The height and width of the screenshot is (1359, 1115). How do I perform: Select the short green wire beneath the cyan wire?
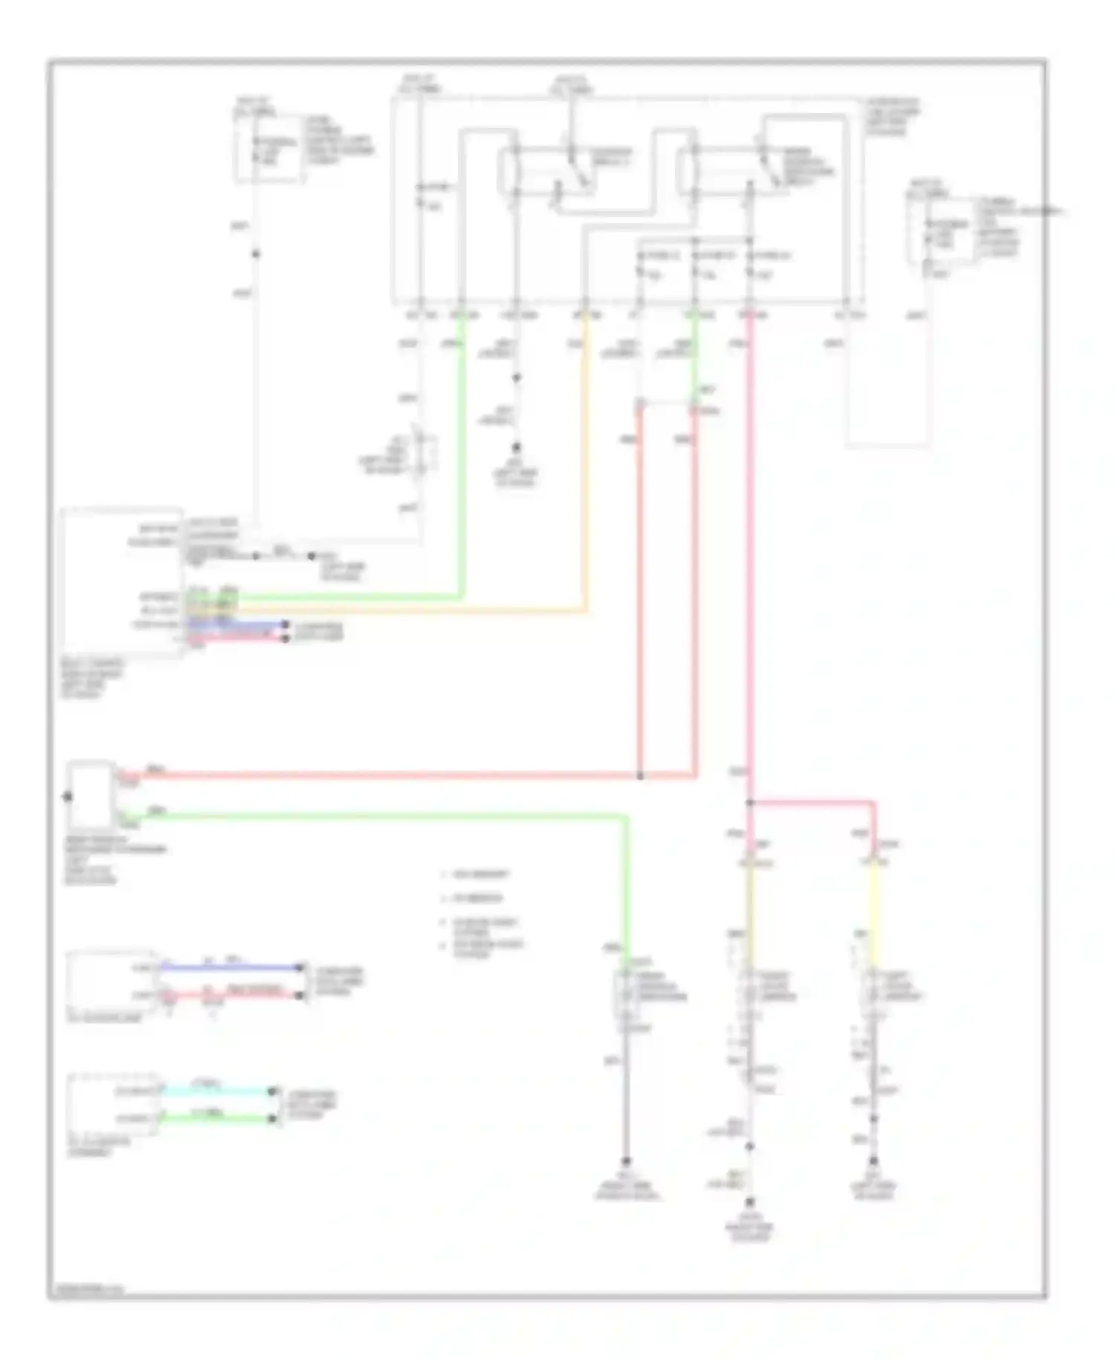(216, 1117)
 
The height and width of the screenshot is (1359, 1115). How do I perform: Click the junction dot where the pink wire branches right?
(749, 803)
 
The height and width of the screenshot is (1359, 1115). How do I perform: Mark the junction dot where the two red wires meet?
(640, 776)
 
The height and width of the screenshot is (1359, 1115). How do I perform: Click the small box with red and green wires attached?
(91, 794)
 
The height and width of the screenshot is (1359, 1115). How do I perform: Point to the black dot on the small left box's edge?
(67, 797)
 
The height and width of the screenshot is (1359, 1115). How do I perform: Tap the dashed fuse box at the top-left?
(268, 149)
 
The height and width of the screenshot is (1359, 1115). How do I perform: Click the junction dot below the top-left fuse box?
(255, 254)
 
